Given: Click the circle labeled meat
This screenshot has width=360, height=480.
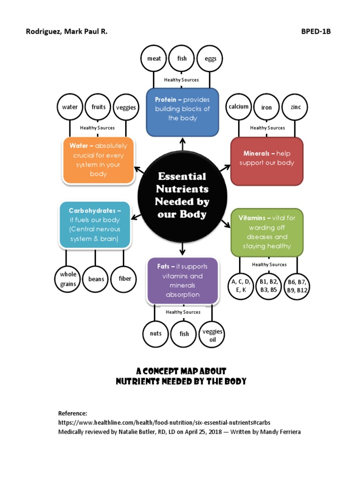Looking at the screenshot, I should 154,59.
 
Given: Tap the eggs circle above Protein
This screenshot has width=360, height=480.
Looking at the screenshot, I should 210,59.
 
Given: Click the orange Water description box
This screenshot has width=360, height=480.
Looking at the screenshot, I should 98,160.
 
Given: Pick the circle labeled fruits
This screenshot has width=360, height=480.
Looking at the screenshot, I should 98,107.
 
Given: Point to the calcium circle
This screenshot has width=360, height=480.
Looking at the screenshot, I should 239,107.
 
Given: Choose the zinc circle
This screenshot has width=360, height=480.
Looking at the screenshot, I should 295,107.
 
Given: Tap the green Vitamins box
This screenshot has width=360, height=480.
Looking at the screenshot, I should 267,232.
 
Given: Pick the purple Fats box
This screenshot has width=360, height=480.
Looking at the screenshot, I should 182,280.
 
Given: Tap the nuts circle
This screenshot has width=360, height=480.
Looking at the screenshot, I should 156,334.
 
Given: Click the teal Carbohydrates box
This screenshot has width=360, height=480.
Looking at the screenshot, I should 94,225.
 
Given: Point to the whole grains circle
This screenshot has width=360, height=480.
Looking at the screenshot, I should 68,279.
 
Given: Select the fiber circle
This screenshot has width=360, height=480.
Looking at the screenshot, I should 125,279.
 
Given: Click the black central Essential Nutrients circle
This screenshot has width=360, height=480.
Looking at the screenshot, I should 182,195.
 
